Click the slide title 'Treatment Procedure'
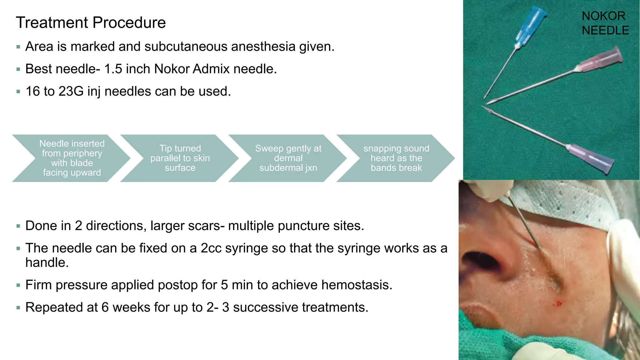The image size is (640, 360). pyautogui.click(x=91, y=23)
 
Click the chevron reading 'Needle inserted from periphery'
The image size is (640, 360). pyautogui.click(x=72, y=158)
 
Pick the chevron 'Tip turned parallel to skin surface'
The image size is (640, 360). pyautogui.click(x=180, y=158)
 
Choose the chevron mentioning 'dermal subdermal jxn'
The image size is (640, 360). pyautogui.click(x=288, y=158)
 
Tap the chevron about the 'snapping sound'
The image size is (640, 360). pyautogui.click(x=396, y=158)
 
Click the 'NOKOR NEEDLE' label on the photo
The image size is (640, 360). pyautogui.click(x=605, y=23)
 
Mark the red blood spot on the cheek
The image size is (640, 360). pyautogui.click(x=558, y=303)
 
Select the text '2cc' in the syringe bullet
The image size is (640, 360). pyautogui.click(x=211, y=248)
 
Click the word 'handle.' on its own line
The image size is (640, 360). pyautogui.click(x=47, y=263)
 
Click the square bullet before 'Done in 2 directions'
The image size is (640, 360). pyautogui.click(x=18, y=226)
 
